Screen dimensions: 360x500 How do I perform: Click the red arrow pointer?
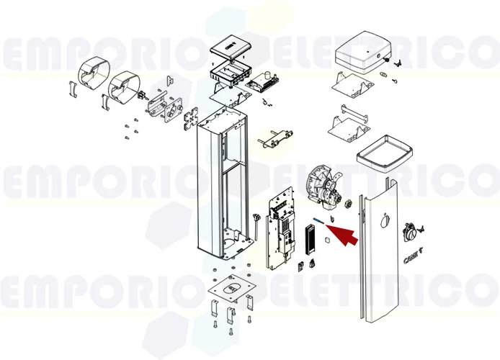tap(344, 235)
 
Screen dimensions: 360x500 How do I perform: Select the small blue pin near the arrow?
tap(317, 221)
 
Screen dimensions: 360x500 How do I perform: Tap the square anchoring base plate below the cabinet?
tap(229, 290)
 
